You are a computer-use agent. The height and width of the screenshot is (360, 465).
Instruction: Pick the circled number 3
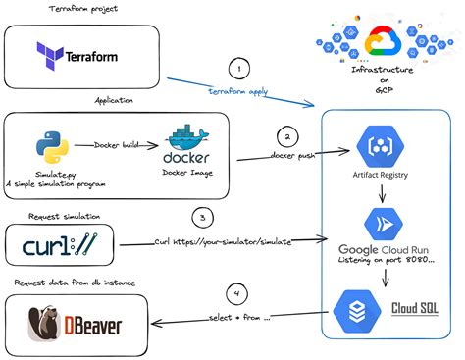tap(200, 218)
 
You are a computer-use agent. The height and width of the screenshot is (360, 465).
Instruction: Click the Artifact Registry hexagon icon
tap(378, 147)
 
